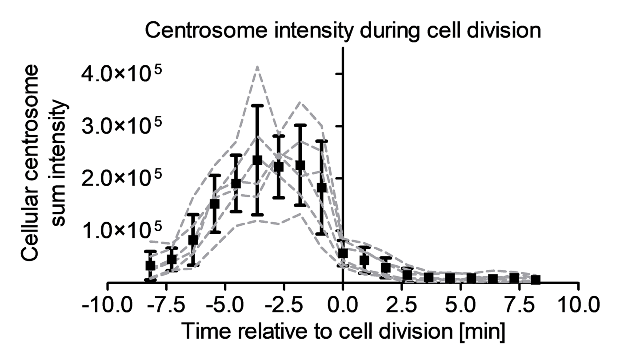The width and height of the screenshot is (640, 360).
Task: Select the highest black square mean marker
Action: (257, 160)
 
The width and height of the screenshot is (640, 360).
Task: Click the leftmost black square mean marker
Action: (151, 265)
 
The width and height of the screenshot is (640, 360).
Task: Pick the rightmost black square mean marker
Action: (536, 280)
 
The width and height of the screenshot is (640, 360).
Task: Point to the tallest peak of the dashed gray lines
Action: (257, 66)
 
